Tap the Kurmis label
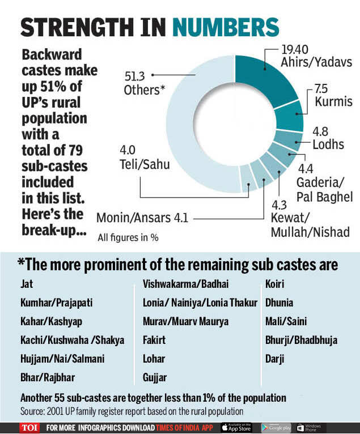[334, 102]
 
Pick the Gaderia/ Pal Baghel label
[325, 189]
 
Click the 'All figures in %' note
[128, 237]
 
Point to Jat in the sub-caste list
[27, 284]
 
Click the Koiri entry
[276, 284]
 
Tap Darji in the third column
[275, 358]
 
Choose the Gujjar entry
[154, 377]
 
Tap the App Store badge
[236, 427]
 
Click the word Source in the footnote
[33, 410]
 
